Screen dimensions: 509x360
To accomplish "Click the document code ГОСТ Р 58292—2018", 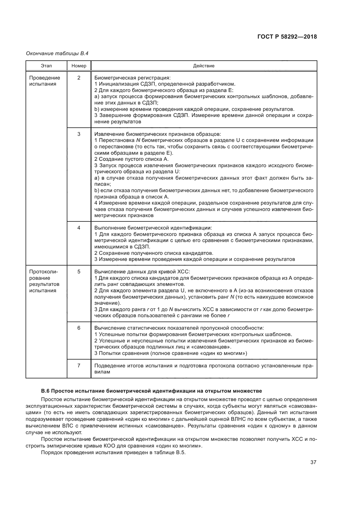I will pos(287,37).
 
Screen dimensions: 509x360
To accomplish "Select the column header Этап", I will pos(46,66).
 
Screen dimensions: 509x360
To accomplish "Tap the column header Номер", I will pos(79,66).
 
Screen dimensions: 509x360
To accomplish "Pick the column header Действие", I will pos(204,66).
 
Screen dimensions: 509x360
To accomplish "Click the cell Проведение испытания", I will pos(44,81).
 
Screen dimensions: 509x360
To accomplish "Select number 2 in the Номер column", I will pos(79,78).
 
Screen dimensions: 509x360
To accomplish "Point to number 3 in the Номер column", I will pos(79,134).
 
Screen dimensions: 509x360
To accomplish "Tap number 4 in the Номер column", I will pos(79,228).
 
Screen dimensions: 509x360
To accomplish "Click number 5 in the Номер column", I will pos(79,272).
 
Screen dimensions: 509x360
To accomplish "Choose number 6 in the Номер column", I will pos(79,328).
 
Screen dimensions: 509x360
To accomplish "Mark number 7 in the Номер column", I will pos(79,365).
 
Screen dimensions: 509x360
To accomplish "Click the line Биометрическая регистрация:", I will pos(132,78).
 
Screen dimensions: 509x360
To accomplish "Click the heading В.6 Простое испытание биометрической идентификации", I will pos(151,391).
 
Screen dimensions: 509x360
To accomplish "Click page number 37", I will pos(313,462).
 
